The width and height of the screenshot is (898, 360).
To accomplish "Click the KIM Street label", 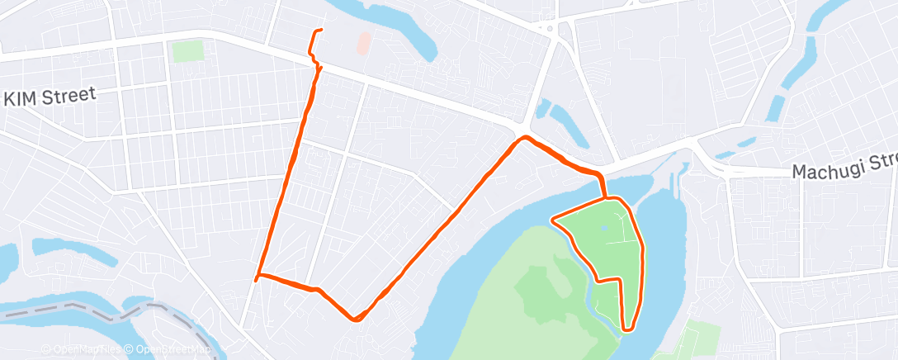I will click(x=50, y=97).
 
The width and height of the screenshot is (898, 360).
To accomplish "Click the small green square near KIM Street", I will click(x=187, y=50).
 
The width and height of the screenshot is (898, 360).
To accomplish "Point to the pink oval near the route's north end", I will click(x=363, y=43).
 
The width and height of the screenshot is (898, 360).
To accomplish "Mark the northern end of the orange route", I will click(x=320, y=31).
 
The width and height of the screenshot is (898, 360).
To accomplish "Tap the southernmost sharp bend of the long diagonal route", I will click(x=355, y=319).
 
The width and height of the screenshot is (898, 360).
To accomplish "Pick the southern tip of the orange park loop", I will click(x=628, y=328).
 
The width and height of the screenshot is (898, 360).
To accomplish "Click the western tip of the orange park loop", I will click(x=552, y=220).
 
